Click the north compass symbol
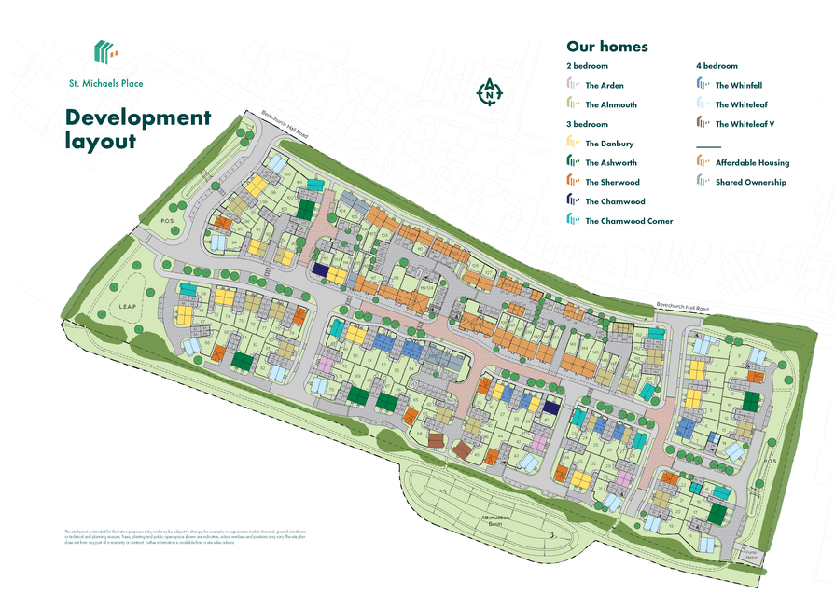point(490,91)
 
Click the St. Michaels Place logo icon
point(105,53)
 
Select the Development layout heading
point(138,129)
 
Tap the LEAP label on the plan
point(128,305)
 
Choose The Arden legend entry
point(605,86)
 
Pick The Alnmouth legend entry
point(610,105)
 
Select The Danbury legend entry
point(608,144)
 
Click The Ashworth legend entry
point(610,163)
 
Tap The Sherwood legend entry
point(612,183)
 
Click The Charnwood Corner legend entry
point(628,221)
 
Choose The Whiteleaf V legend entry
point(745,124)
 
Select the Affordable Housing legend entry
point(752,163)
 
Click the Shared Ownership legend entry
point(750,183)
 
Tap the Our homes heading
point(606,47)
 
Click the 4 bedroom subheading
point(717,66)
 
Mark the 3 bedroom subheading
point(587,124)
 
